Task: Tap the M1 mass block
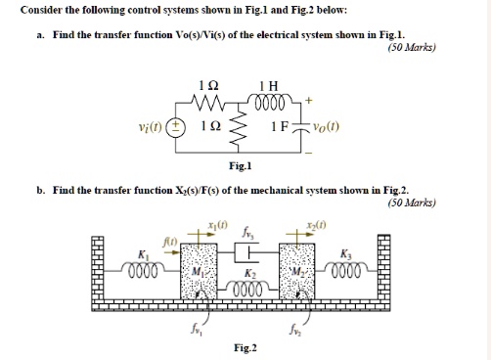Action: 196,272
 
